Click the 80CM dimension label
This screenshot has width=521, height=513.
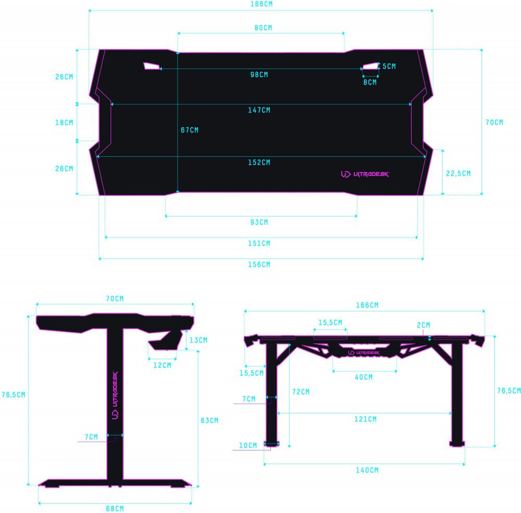pyautogui.click(x=263, y=28)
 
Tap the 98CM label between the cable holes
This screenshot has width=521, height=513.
pyautogui.click(x=259, y=75)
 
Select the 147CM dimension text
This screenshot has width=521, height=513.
pyautogui.click(x=259, y=110)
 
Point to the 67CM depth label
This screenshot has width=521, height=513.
pyautogui.click(x=190, y=130)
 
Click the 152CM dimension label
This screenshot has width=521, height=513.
pyautogui.click(x=259, y=162)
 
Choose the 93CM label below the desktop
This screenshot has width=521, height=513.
pyautogui.click(x=259, y=222)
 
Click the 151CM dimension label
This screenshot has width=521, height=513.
pyautogui.click(x=259, y=243)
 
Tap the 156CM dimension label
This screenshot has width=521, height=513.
pyautogui.click(x=259, y=265)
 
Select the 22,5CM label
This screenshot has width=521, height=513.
pyautogui.click(x=458, y=173)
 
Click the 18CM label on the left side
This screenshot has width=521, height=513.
pyautogui.click(x=64, y=122)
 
